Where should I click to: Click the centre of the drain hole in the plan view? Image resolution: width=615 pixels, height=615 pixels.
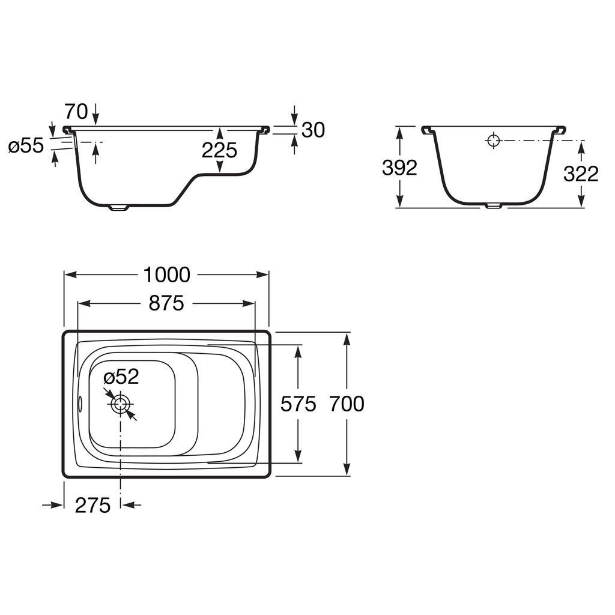click(x=120, y=404)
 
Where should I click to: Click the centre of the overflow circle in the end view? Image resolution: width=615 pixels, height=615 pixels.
click(x=494, y=140)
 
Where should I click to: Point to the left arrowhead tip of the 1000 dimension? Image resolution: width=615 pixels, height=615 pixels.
click(x=64, y=274)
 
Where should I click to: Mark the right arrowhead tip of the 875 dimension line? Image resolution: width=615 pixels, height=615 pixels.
click(x=255, y=303)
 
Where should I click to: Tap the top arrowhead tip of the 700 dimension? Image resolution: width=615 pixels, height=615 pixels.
click(x=347, y=333)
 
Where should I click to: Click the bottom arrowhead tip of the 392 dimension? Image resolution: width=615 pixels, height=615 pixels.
click(x=399, y=207)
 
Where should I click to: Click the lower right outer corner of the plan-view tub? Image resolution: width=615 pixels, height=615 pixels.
click(x=270, y=477)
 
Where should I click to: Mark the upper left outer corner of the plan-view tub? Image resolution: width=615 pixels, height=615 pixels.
click(x=62, y=331)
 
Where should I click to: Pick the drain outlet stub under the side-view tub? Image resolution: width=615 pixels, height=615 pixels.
click(x=118, y=207)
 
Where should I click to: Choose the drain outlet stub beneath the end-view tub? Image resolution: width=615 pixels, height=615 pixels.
click(x=494, y=205)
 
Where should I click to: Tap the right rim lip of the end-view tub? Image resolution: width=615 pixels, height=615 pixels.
click(x=560, y=130)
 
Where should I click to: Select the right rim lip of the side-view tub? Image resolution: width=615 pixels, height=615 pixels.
click(x=264, y=130)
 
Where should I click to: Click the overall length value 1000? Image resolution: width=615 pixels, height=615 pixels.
click(x=167, y=274)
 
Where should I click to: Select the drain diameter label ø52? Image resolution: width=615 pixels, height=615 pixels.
click(x=121, y=377)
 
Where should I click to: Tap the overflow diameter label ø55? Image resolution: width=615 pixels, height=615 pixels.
click(x=26, y=146)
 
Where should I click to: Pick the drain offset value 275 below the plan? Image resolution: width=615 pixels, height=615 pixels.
click(x=92, y=505)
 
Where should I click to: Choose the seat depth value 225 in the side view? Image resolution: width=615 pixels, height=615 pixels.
click(x=219, y=150)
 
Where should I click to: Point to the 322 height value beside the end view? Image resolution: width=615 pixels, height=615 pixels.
click(x=581, y=174)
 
